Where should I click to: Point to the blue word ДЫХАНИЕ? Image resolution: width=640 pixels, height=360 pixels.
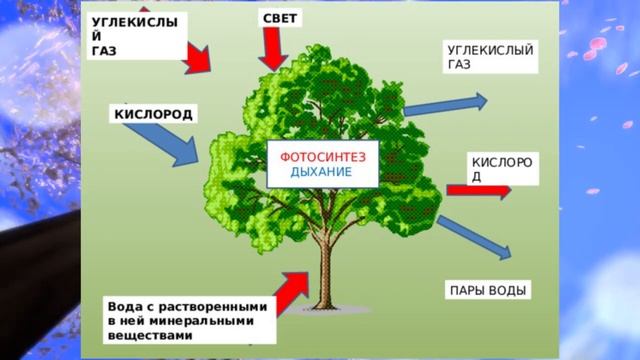point(321,171)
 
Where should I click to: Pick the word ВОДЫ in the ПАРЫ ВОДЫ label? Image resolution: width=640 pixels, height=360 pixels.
point(504,290)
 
